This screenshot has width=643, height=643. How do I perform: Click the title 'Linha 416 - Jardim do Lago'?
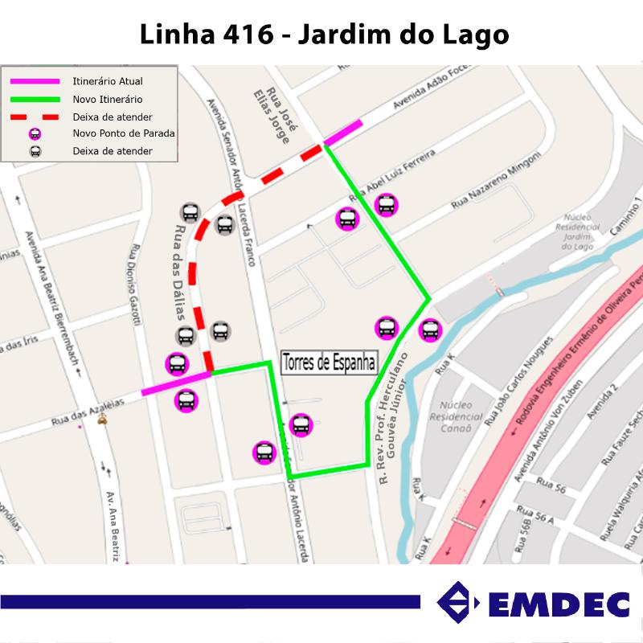pos(324,35)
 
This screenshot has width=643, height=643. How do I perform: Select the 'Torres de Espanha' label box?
pos(330,362)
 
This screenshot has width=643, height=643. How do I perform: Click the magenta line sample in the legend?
pos(35,81)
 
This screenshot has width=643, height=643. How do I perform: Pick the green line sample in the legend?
pos(35,99)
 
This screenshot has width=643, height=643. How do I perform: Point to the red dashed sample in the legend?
pos(35,117)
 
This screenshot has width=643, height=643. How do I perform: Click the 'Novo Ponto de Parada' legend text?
pos(123,133)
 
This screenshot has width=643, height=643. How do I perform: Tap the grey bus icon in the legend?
pos(35,151)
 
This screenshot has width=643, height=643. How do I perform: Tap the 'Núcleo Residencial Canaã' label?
pos(457,416)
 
